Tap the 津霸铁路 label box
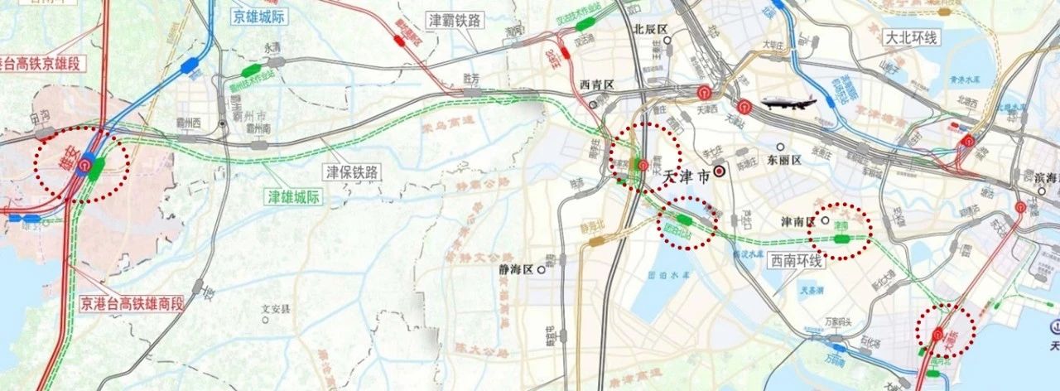[454, 20]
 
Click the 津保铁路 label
[350, 172]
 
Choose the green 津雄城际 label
[293, 196]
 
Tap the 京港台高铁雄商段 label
[132, 303]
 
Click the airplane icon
[788, 104]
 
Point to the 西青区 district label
[595, 85]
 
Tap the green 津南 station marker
[843, 239]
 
